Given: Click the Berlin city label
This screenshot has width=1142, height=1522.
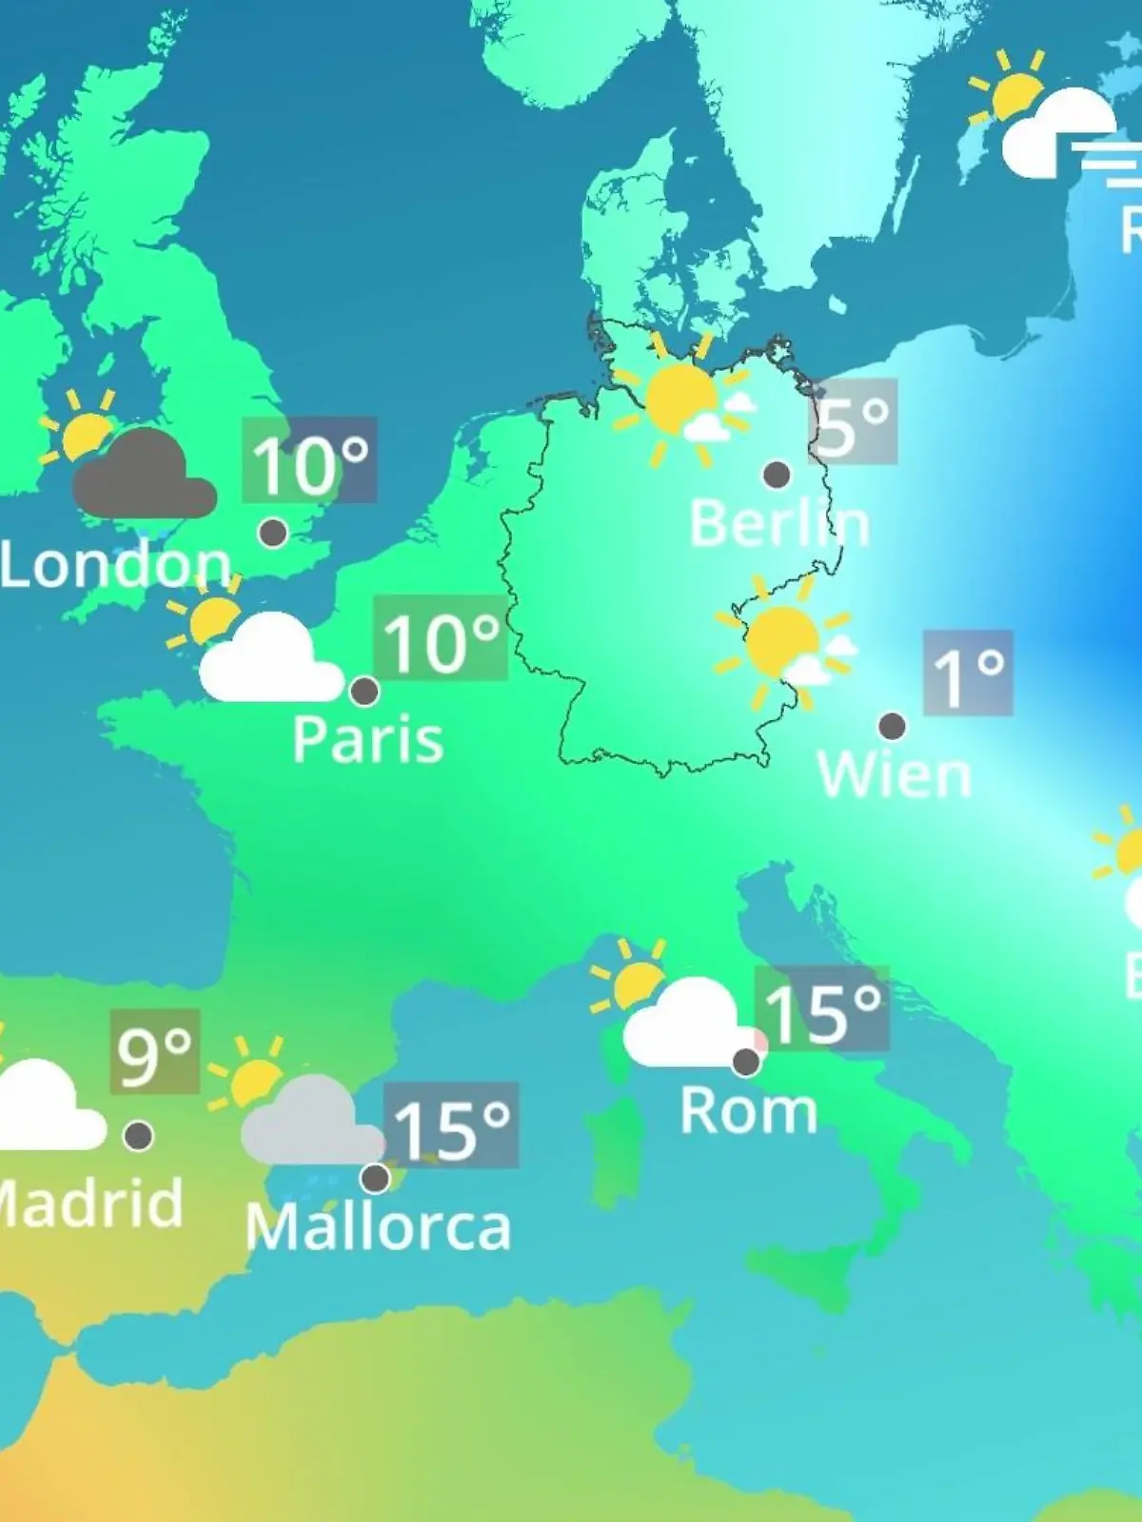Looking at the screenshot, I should tap(779, 524).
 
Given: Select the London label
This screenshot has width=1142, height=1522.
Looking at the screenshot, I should tap(114, 565).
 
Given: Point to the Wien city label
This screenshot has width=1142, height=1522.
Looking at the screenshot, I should tap(895, 774).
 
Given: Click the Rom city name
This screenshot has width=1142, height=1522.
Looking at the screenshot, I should tap(749, 1110).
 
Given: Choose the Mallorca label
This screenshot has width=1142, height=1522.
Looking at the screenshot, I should tap(378, 1227).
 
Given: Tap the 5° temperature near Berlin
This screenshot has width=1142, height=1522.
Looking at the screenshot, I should tap(854, 423).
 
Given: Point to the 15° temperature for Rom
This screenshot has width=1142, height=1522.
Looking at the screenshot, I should tap(822, 1011).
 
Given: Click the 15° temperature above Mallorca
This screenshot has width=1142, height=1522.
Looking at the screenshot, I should tap(451, 1128).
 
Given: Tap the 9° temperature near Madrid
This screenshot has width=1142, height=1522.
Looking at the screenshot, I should tap(155, 1053).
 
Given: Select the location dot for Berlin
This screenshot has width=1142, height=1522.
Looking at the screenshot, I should tap(777, 474).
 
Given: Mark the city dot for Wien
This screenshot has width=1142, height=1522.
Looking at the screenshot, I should tap(892, 726).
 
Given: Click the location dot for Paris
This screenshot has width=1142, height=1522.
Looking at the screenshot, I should tap(364, 691).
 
